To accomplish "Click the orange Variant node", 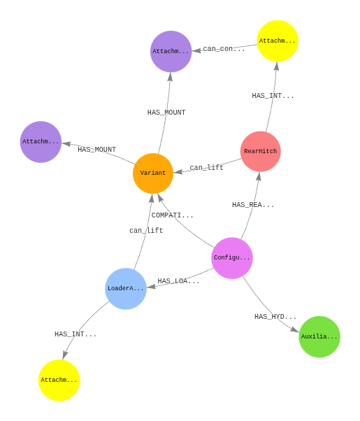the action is (153, 173).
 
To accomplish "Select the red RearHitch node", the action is (261, 151).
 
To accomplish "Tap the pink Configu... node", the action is (232, 258).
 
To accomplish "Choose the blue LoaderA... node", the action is (126, 288).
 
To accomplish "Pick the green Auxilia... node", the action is (319, 336).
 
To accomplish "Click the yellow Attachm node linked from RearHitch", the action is (278, 41).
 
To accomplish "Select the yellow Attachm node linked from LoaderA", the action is (59, 380).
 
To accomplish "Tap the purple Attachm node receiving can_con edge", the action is (171, 51).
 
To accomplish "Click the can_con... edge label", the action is (224, 49).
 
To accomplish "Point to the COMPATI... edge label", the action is (173, 215).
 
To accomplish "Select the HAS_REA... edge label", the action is (253, 205).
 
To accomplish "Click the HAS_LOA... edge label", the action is (178, 281).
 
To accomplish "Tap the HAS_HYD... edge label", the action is (275, 317).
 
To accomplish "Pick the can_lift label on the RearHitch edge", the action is (206, 168).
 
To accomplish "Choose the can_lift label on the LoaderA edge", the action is (146, 230).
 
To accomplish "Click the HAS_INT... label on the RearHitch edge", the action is (273, 96).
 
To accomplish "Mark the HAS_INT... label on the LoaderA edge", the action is (75, 334).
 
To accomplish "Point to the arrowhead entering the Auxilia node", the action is (295, 329).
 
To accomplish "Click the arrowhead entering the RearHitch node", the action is (259, 176).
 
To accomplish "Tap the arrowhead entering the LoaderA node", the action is (152, 287).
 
